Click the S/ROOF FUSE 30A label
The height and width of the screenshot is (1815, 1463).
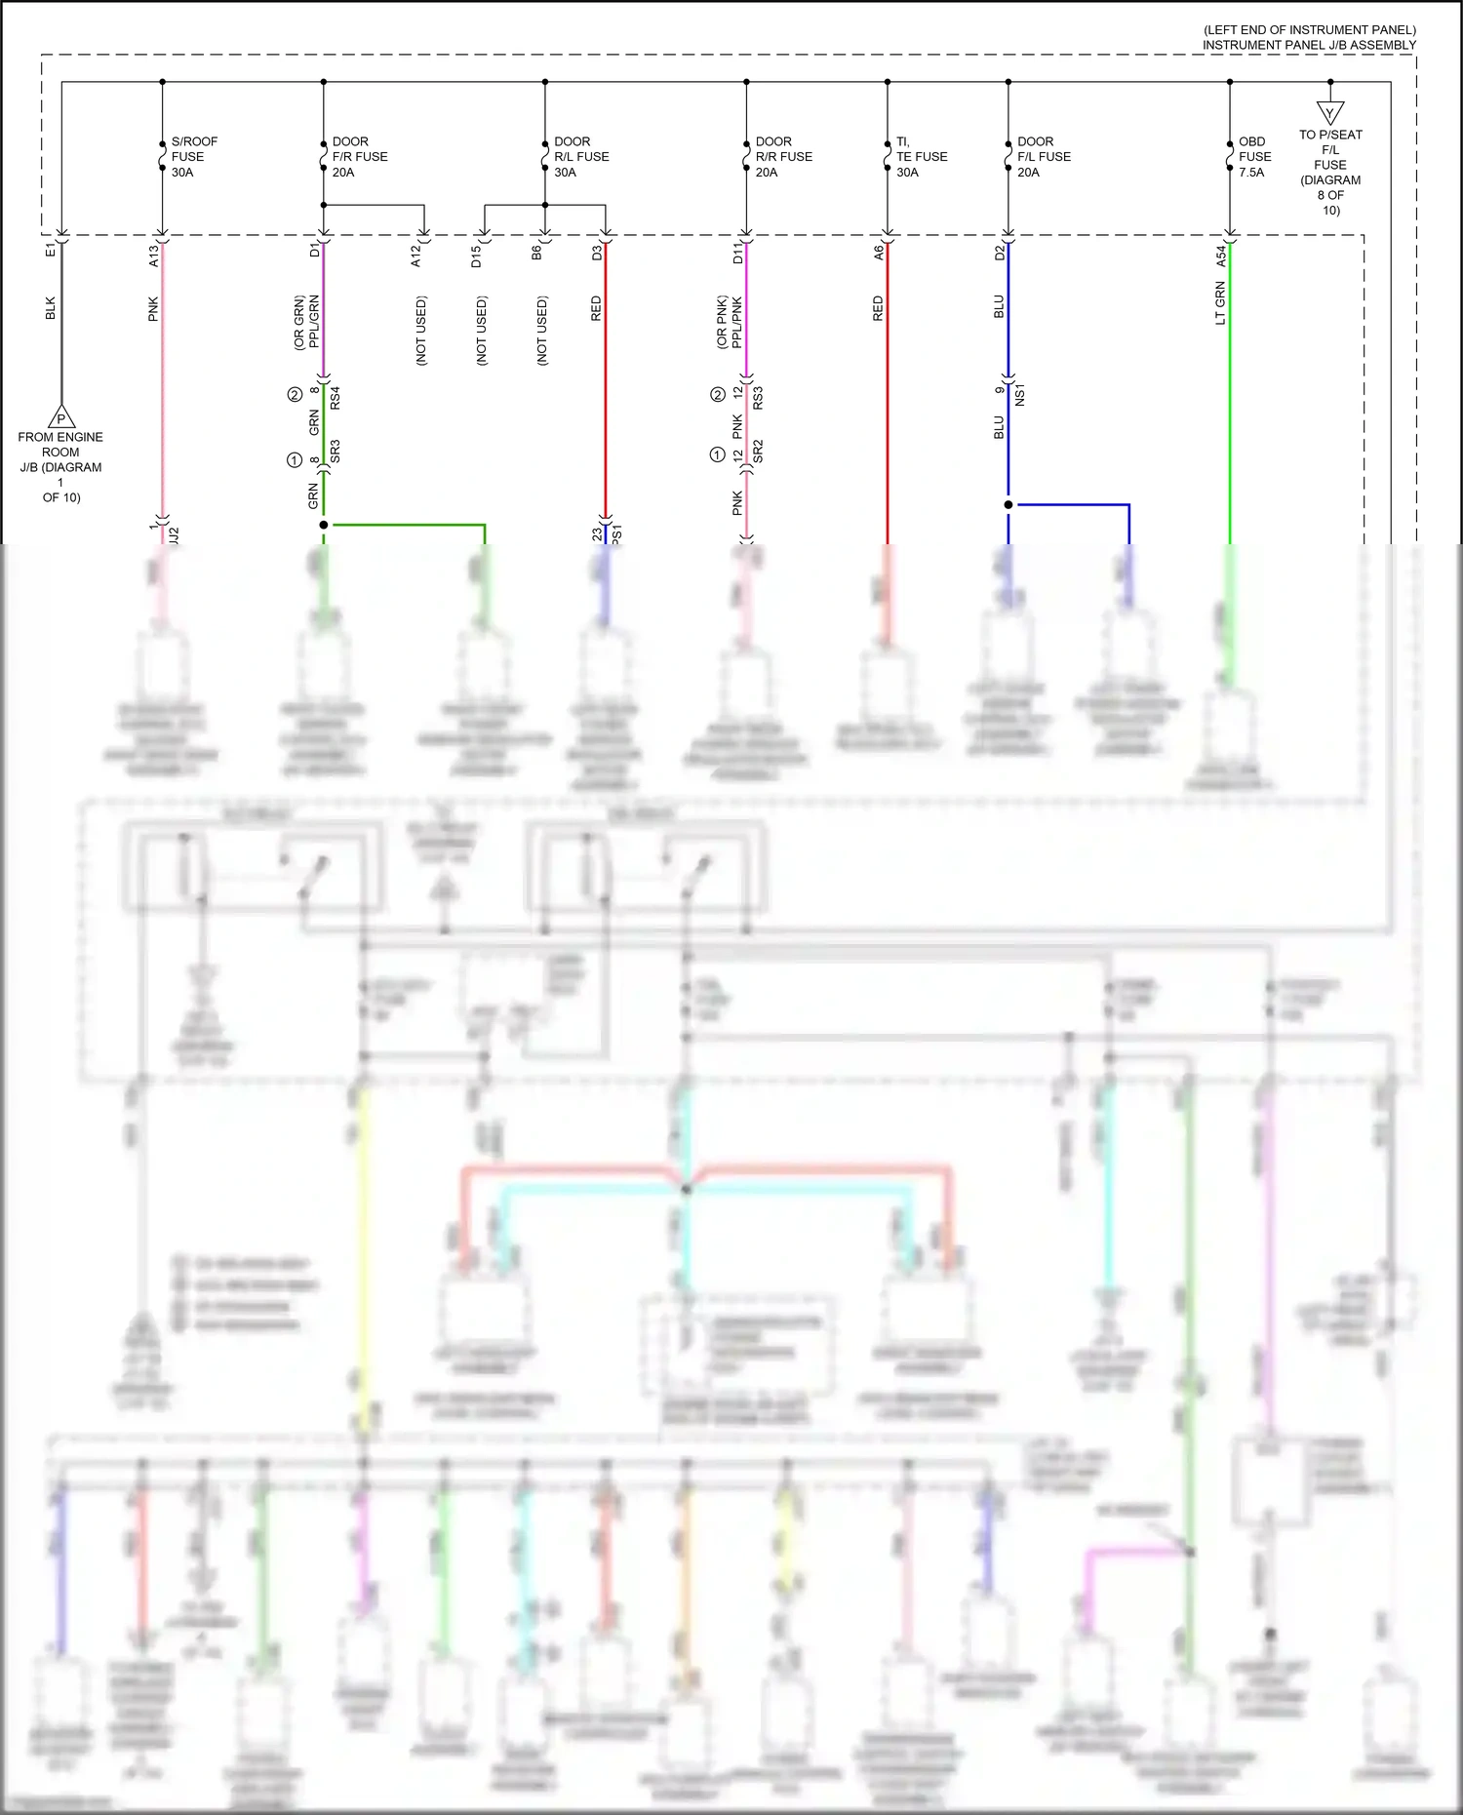(193, 157)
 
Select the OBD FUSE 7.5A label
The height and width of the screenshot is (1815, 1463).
(1254, 157)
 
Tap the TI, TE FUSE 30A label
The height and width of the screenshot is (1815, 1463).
(921, 157)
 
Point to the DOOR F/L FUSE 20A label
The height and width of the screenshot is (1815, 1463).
(1043, 157)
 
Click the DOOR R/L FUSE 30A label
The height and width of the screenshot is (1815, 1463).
(580, 157)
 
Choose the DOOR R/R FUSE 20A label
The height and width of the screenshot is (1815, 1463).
(782, 157)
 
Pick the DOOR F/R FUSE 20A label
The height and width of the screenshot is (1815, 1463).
(359, 157)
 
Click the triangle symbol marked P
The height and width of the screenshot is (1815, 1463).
(61, 417)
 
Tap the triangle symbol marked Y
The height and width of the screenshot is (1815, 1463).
(1329, 113)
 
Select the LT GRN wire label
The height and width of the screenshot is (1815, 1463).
(1220, 303)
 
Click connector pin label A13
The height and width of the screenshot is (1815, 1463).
(153, 256)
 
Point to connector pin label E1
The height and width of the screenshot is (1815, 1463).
(51, 252)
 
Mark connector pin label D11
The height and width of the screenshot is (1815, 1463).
(737, 255)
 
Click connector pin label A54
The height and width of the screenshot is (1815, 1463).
(1220, 256)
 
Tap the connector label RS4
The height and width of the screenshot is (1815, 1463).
(335, 398)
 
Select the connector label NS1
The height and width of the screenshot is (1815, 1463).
(1020, 395)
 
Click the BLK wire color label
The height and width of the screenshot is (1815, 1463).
(51, 309)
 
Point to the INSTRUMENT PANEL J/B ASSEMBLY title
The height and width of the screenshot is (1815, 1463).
(1308, 45)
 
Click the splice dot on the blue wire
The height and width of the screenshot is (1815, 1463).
(1008, 505)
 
